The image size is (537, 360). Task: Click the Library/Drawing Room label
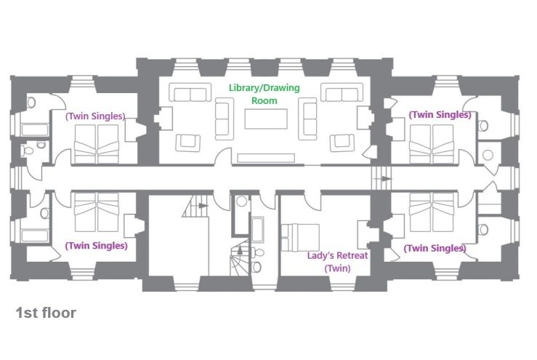point(264,94)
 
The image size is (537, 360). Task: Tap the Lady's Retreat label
point(337,256)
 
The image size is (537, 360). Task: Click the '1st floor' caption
point(46,313)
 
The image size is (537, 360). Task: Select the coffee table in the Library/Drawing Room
point(266,119)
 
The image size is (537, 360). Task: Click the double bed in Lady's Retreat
point(300,238)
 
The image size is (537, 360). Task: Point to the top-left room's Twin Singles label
point(95,116)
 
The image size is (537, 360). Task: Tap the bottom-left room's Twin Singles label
point(96,246)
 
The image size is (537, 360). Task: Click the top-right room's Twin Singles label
point(440,115)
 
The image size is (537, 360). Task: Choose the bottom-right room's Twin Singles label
point(435,248)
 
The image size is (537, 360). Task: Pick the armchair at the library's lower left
point(187,143)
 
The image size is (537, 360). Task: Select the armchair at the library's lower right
point(342,143)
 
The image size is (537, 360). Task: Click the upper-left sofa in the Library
point(190,92)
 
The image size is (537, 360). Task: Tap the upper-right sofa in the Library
point(342,92)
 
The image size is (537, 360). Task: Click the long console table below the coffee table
point(266,158)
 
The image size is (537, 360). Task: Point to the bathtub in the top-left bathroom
point(35,130)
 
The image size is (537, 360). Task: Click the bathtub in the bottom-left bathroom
point(35,236)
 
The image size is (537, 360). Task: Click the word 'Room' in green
point(264,101)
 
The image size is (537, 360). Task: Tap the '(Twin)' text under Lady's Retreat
point(337,268)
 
